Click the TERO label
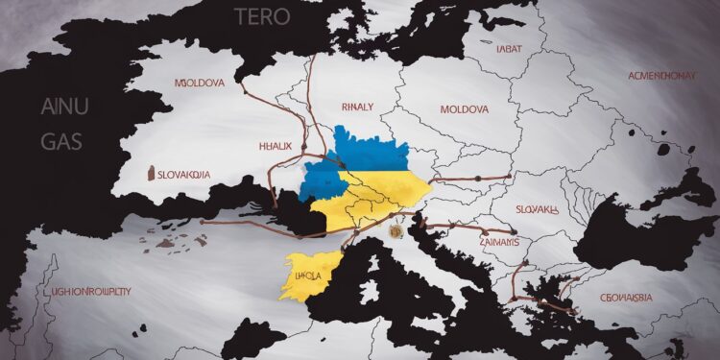tap(259, 15)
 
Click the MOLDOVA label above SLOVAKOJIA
tap(200, 84)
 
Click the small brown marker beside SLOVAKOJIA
tap(151, 174)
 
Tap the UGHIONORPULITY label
tap(87, 289)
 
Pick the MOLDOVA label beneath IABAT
tap(464, 109)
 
